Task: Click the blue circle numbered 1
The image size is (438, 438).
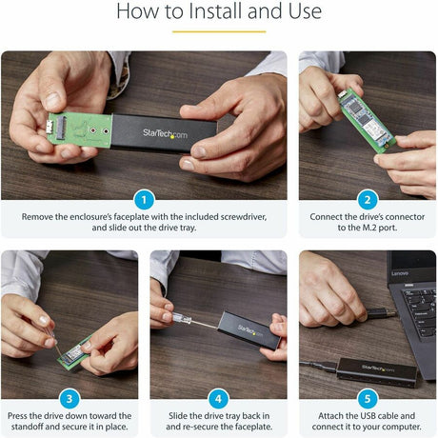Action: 144,199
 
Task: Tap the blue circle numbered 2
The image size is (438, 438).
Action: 368,199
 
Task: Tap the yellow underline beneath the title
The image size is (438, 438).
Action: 218,31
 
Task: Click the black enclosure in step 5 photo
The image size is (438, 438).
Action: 368,366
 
